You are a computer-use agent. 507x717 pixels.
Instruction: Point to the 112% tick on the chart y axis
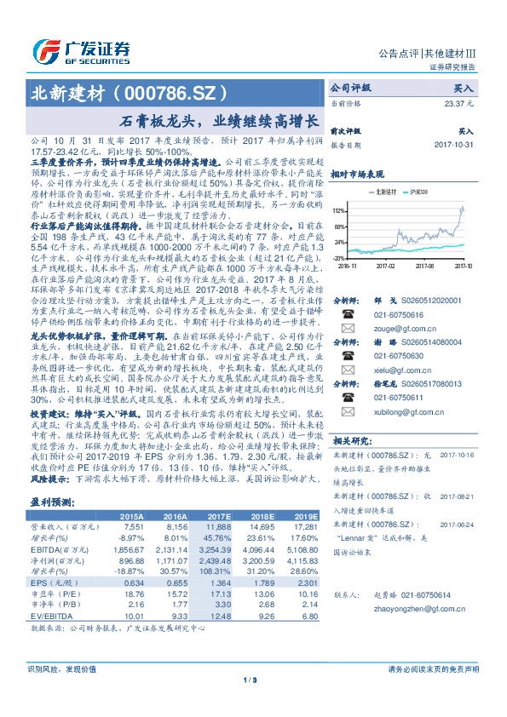[338, 209]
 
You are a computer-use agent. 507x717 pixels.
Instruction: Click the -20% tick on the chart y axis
[338, 257]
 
